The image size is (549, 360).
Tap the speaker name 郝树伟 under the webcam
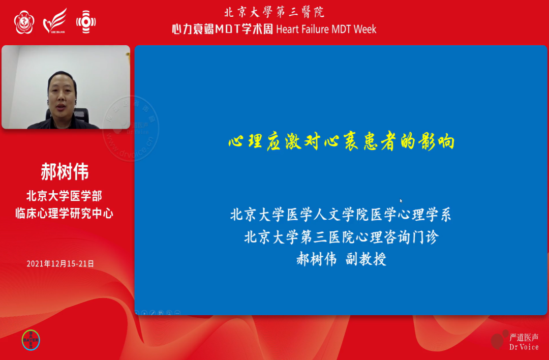coord(65,172)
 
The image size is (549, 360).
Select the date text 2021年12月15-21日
coord(60,264)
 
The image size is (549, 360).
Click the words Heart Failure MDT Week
coord(326,29)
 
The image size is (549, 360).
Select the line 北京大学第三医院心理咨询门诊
coord(341,237)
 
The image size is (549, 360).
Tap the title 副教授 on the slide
coord(366,259)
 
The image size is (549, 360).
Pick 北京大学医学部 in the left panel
coord(65,196)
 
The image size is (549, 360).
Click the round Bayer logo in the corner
coord(31,340)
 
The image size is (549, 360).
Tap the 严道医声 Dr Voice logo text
coord(524,341)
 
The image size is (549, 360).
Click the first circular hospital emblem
coord(24,22)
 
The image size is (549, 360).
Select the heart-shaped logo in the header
coord(55,21)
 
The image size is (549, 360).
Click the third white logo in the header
coord(86,22)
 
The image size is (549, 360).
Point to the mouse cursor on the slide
coord(401,201)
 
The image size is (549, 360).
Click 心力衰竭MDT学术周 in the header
coord(222,29)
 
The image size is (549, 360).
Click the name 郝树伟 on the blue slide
coord(317,259)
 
